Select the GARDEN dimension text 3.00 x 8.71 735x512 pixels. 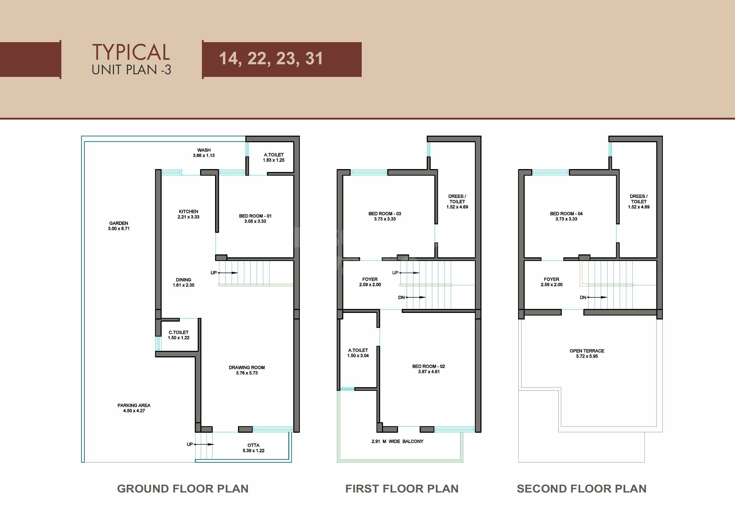(x=119, y=229)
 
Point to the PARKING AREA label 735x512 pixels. (x=134, y=405)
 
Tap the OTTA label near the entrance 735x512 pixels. (x=253, y=445)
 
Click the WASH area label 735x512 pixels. (x=204, y=150)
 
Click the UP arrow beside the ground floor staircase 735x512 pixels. (x=228, y=273)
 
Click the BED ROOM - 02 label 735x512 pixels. (x=428, y=366)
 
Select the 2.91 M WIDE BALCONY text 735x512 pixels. (x=397, y=441)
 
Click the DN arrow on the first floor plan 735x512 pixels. (x=415, y=297)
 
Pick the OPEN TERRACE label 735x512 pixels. (x=587, y=351)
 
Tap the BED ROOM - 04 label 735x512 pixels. (x=566, y=214)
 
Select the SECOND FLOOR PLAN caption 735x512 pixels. (x=581, y=489)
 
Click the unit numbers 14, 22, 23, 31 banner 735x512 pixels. (x=271, y=59)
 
